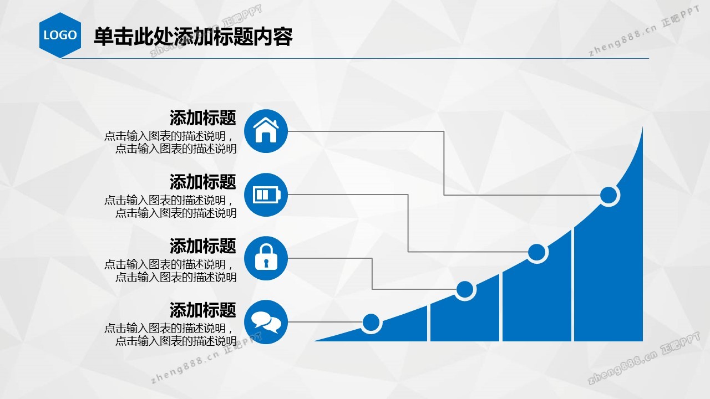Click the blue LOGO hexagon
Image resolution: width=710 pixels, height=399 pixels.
click(x=60, y=35)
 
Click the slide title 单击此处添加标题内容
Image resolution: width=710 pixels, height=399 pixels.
click(x=193, y=37)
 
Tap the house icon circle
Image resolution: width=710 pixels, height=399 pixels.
click(x=266, y=131)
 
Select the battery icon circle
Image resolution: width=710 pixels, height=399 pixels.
click(x=266, y=195)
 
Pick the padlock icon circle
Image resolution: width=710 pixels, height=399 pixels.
click(x=266, y=258)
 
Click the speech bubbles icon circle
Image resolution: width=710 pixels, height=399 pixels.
click(x=266, y=322)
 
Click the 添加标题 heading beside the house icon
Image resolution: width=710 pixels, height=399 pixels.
click(x=203, y=118)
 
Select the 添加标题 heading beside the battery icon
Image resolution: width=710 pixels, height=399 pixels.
click(x=203, y=182)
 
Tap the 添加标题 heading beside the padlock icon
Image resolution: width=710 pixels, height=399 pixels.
click(x=203, y=246)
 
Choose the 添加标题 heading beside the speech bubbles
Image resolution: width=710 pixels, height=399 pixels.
click(x=203, y=310)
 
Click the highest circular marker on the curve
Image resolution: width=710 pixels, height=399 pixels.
click(x=608, y=195)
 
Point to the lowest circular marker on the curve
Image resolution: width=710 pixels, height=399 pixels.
click(x=371, y=323)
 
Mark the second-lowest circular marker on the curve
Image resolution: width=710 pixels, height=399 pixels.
click(x=465, y=289)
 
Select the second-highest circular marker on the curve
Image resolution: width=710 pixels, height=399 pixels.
click(x=537, y=252)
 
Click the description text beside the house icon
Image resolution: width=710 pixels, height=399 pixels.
click(x=170, y=142)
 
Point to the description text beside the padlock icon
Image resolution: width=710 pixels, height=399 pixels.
click(x=170, y=271)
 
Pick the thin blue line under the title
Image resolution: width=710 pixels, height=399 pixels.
click(x=355, y=58)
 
